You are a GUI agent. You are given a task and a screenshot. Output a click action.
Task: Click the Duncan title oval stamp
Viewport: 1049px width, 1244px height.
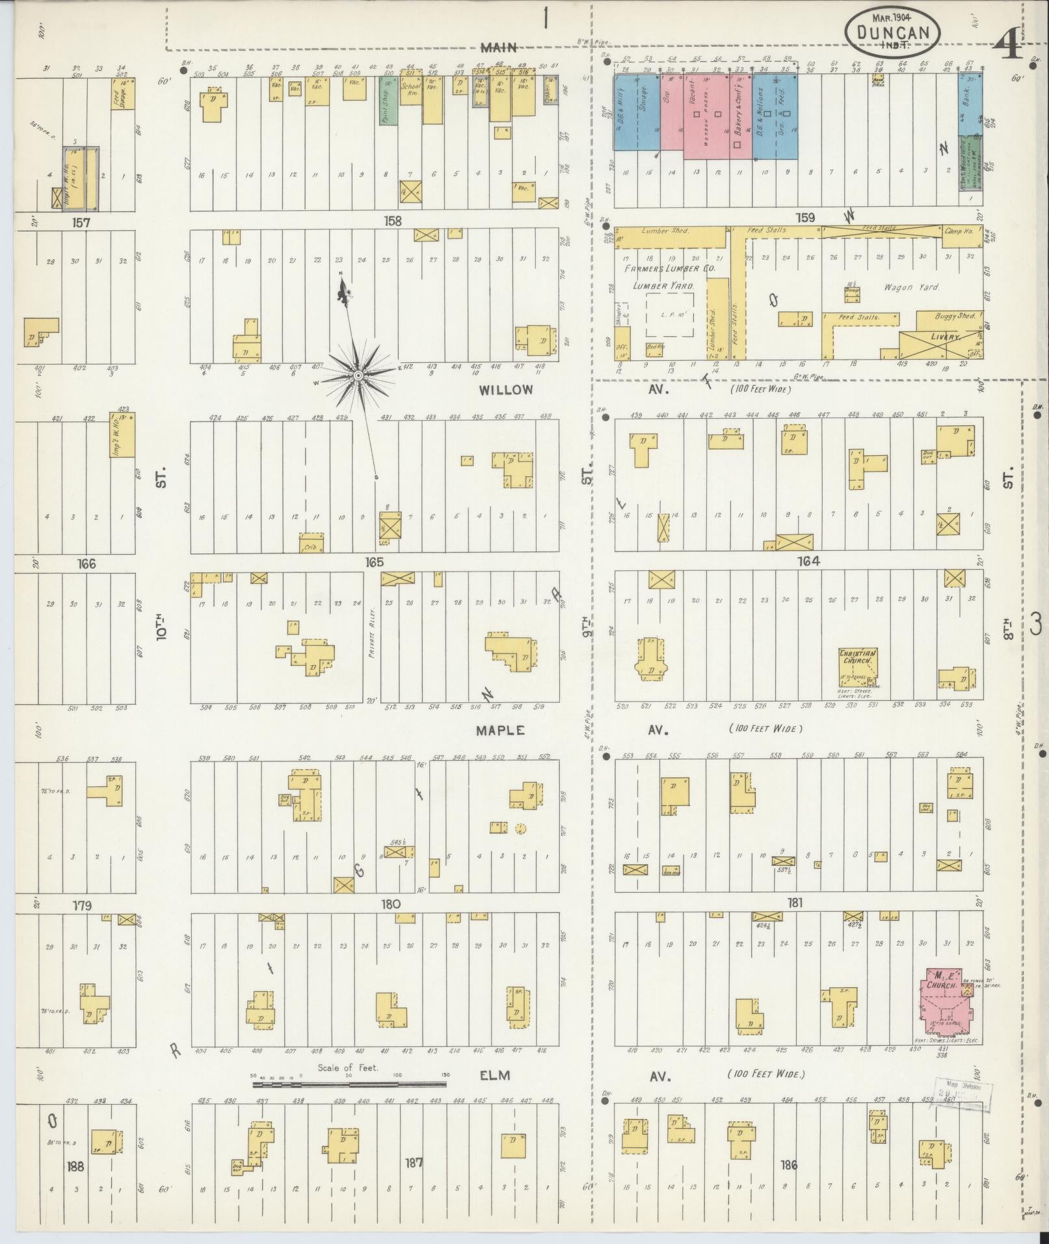(x=892, y=31)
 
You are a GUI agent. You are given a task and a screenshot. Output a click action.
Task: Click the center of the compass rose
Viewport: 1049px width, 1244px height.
(x=357, y=376)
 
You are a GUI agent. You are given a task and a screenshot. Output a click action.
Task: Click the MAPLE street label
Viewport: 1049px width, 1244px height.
(x=500, y=730)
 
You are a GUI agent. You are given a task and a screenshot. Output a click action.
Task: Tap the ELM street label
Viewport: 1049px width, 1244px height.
(x=494, y=1076)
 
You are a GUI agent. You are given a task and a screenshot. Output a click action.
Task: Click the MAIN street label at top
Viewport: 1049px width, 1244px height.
(x=499, y=47)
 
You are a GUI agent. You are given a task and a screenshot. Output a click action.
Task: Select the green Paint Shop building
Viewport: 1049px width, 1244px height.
(x=388, y=101)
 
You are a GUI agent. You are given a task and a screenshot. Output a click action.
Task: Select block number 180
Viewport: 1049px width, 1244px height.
(x=391, y=904)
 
